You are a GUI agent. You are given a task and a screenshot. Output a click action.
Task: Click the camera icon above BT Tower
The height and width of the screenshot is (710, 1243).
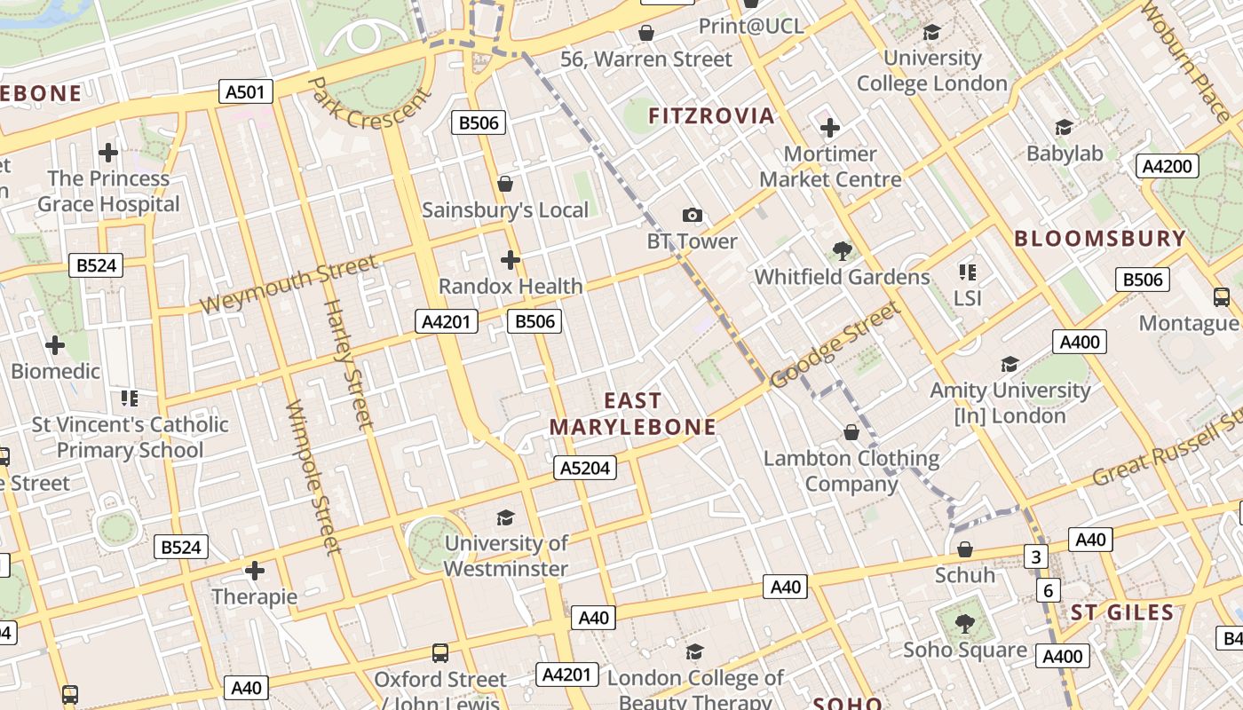click(693, 215)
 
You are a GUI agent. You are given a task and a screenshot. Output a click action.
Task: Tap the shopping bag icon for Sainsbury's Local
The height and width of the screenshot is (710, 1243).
click(505, 184)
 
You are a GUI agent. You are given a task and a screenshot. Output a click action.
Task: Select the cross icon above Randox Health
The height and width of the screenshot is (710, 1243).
click(511, 260)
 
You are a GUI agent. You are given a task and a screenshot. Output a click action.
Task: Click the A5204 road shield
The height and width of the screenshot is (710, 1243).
click(584, 468)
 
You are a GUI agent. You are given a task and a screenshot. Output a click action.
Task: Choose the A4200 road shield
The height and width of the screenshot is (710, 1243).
click(1168, 166)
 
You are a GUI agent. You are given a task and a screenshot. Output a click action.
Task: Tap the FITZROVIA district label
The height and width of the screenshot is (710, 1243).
click(711, 116)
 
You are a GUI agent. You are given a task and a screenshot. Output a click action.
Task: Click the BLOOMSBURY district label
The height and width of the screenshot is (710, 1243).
click(1100, 239)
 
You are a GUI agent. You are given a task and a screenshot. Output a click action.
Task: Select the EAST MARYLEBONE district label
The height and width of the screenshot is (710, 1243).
click(632, 414)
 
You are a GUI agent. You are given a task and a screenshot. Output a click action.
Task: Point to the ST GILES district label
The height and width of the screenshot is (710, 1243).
click(1122, 612)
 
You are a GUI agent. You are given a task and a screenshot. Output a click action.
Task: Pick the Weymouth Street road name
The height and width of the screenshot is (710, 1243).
click(288, 284)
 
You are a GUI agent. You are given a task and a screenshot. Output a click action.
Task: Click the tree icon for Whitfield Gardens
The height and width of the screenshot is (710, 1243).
click(843, 251)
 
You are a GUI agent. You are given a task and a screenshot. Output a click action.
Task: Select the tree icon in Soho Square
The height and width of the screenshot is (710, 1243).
click(965, 624)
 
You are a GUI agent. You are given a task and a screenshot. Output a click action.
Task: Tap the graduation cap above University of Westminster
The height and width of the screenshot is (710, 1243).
click(505, 517)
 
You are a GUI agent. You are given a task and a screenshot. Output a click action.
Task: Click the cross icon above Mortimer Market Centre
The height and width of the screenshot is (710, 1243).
click(830, 128)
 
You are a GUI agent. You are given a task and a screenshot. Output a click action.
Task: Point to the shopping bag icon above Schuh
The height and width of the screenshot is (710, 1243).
click(965, 549)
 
